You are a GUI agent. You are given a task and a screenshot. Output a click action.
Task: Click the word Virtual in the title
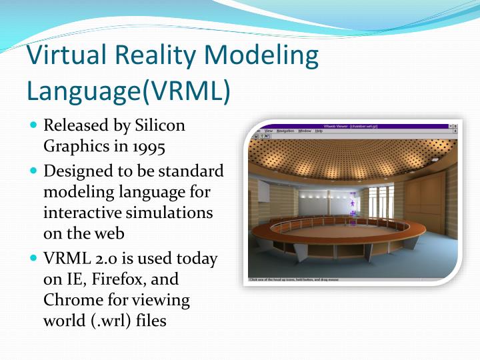(67, 55)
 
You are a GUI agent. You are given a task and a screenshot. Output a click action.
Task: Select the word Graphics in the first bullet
(72, 145)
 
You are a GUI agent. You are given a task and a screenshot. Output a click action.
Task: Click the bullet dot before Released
(34, 125)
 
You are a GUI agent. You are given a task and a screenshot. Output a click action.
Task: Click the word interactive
(85, 213)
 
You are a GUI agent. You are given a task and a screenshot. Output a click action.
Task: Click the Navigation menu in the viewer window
(285, 131)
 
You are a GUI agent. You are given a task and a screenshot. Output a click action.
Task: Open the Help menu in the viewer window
(319, 131)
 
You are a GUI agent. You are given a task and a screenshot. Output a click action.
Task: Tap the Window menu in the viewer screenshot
(304, 131)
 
